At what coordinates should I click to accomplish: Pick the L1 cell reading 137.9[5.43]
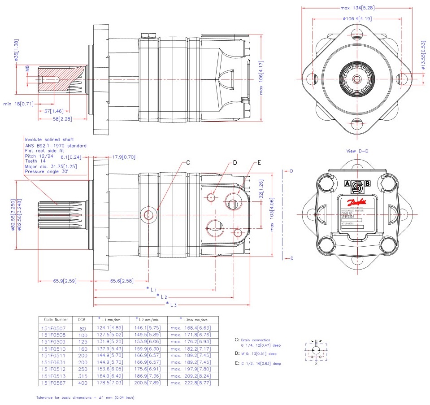109,348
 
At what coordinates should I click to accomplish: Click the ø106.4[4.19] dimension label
357,19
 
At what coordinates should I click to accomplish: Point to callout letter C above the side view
189,163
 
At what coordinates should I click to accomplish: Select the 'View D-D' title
357,151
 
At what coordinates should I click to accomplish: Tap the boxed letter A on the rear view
347,183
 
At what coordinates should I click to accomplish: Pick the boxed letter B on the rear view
368,183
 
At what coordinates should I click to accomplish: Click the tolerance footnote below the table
85,397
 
